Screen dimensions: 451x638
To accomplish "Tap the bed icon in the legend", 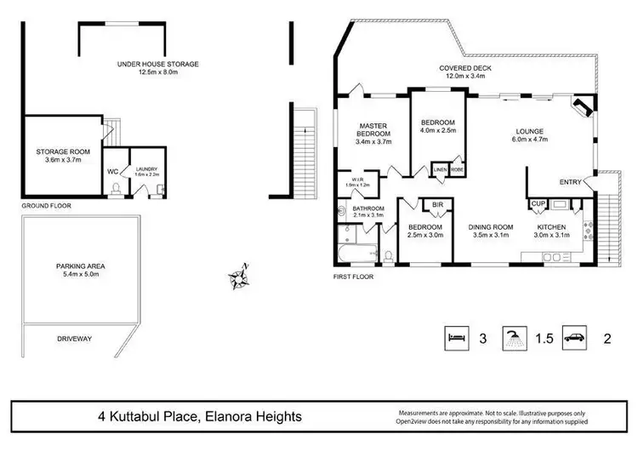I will (x=457, y=338).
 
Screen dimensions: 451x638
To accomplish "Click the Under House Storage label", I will (x=158, y=64).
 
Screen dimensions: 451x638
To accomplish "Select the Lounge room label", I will (x=529, y=131).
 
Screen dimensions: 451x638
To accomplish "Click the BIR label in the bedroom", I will (x=438, y=205).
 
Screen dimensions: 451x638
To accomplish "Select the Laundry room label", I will (x=145, y=169).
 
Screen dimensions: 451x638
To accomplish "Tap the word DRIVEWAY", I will (x=74, y=338).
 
